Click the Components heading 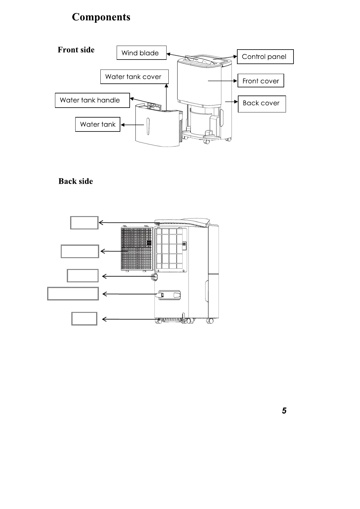coord(101,17)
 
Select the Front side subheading coord(76,50)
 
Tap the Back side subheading coord(76,181)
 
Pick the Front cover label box coord(261,81)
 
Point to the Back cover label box coord(261,104)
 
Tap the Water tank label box coord(98,124)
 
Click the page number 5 coord(284,411)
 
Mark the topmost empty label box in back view coord(84,223)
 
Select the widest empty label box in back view coord(73,293)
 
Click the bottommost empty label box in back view coord(84,319)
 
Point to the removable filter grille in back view coord(137,248)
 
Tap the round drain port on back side coord(154,277)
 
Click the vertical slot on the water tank coord(148,126)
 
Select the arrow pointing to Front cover coord(222,81)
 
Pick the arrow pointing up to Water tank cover coord(166,97)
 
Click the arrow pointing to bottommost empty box coord(142,319)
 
